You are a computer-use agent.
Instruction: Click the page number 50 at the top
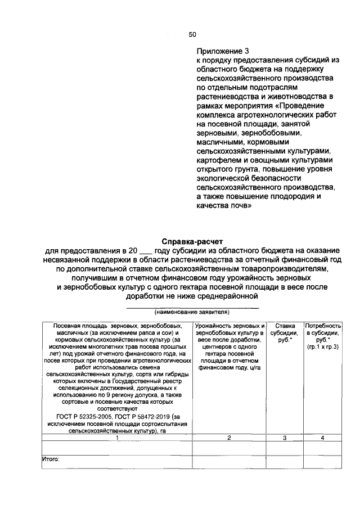point(192,35)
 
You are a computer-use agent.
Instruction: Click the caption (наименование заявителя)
point(192,312)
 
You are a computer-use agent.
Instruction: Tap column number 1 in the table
point(116,437)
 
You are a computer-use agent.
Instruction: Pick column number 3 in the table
point(285,437)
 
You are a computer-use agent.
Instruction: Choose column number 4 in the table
point(322,437)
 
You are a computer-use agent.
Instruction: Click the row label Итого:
point(51,458)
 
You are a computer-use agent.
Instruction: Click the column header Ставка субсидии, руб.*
point(285,332)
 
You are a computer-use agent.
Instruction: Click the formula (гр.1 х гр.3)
point(323,347)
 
